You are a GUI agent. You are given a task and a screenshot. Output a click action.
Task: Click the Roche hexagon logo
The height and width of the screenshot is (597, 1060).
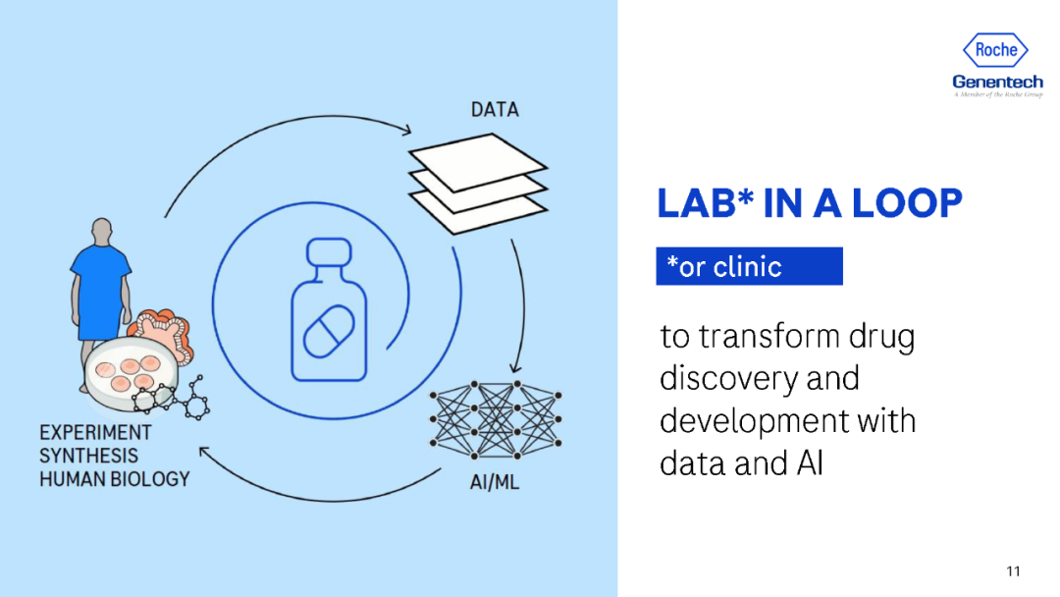tap(996, 50)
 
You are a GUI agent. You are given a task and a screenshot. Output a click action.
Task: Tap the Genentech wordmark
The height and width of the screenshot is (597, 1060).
tap(996, 81)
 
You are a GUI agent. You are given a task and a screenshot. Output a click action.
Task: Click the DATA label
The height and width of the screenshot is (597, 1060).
tap(494, 110)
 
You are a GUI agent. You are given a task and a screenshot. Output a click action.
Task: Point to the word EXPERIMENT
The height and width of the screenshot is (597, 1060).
tap(95, 433)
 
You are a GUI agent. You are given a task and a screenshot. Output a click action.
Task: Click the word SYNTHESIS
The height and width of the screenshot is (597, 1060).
tap(88, 456)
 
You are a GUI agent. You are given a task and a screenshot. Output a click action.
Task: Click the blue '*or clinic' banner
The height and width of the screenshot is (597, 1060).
tap(748, 266)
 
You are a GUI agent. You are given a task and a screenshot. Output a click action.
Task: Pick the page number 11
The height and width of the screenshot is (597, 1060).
tap(1013, 571)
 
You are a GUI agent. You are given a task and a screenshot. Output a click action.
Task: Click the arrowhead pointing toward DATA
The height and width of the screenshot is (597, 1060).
tap(405, 129)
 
